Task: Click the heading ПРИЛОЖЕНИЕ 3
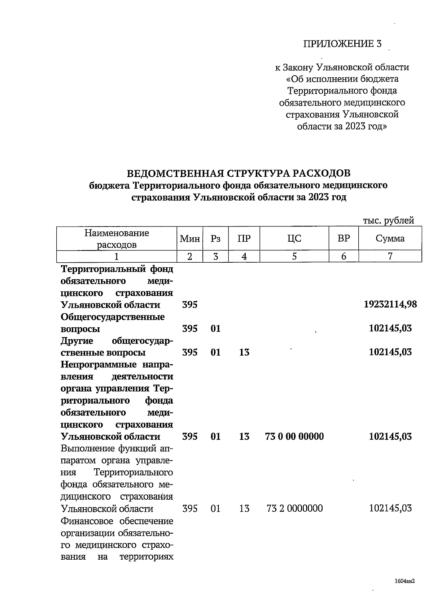(342, 44)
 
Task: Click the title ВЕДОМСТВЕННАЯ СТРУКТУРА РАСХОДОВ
(239, 173)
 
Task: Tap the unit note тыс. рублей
(388, 220)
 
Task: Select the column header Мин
(190, 238)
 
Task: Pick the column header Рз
(215, 238)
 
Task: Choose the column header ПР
(244, 238)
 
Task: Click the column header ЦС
(294, 238)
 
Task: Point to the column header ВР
(344, 238)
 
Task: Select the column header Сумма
(390, 238)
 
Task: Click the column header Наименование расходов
(117, 239)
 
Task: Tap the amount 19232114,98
(390, 304)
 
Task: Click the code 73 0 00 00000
(294, 436)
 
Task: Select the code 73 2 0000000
(294, 508)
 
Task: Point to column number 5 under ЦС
(294, 257)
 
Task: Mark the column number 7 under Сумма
(390, 257)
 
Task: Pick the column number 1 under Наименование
(117, 257)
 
